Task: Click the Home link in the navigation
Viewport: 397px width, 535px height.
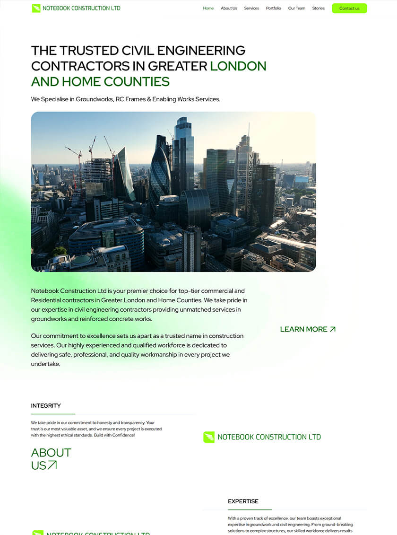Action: click(x=208, y=9)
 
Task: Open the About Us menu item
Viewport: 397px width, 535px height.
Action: click(x=229, y=9)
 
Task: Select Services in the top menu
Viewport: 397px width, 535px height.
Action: click(x=251, y=9)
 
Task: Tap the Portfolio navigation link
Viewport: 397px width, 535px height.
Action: click(x=273, y=9)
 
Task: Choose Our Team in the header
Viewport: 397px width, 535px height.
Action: click(x=297, y=9)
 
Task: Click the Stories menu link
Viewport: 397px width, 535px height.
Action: click(x=319, y=9)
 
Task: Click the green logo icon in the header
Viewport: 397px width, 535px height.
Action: click(x=36, y=8)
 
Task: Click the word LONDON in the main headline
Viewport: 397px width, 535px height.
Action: click(x=238, y=66)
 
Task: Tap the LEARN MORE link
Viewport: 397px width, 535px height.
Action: click(x=303, y=329)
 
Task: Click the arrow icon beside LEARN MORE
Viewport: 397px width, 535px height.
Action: click(x=333, y=329)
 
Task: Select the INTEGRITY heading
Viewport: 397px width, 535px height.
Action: click(x=46, y=406)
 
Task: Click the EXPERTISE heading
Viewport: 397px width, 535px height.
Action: click(x=243, y=501)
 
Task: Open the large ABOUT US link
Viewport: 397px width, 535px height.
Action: click(x=51, y=459)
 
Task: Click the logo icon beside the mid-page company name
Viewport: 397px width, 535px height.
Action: click(x=208, y=437)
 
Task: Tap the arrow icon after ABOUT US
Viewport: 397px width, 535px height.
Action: click(x=52, y=465)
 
